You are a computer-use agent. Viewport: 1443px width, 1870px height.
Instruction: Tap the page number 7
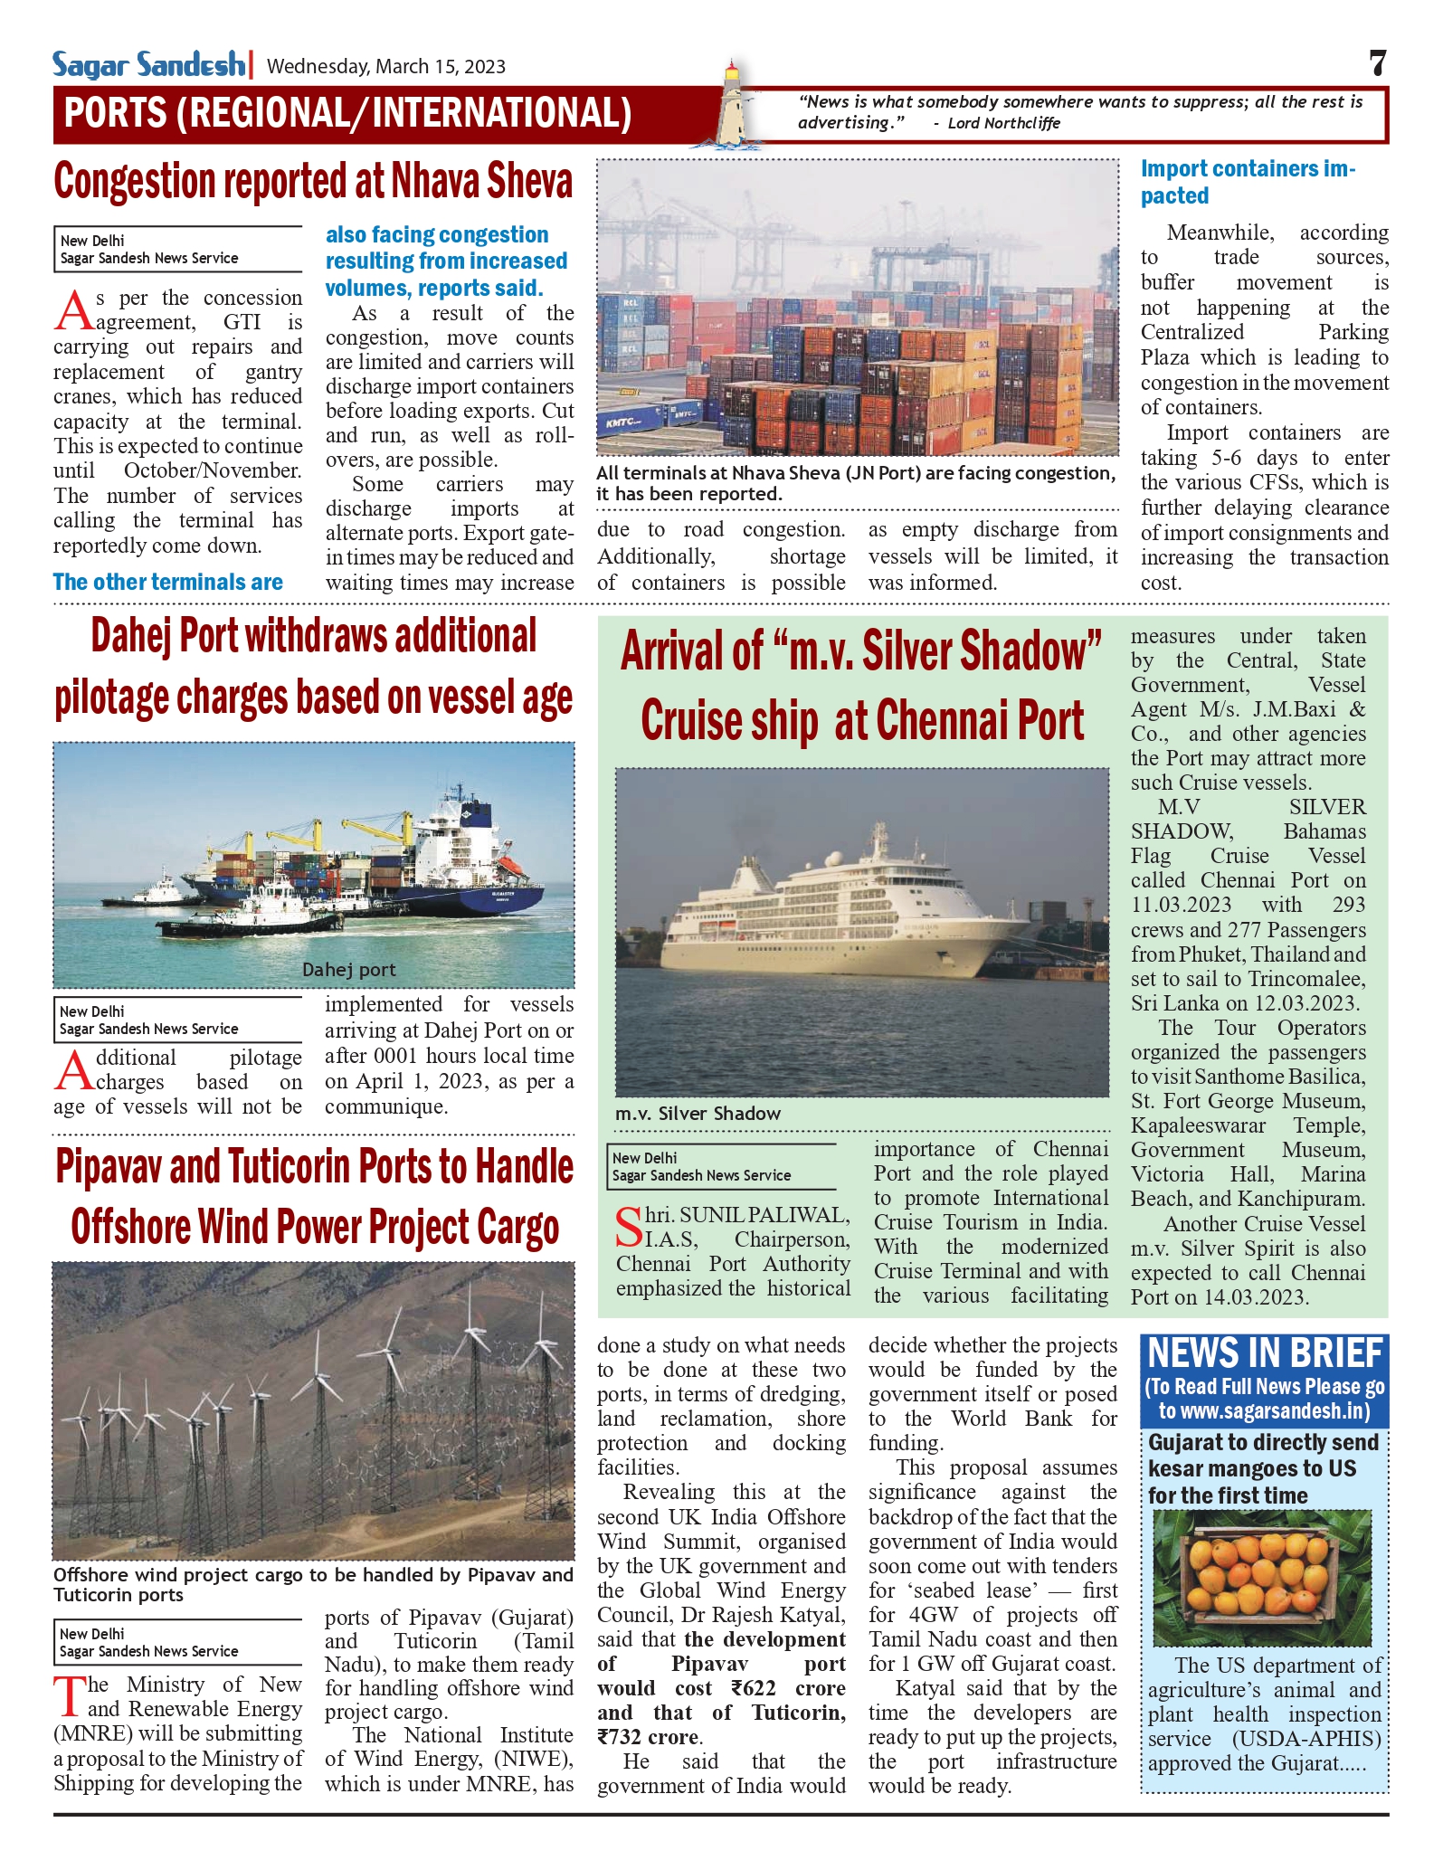[x=1377, y=63]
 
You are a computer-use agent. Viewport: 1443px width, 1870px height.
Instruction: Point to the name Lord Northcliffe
[x=1003, y=123]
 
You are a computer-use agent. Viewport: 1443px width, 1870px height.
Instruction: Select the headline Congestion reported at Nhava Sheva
[x=313, y=181]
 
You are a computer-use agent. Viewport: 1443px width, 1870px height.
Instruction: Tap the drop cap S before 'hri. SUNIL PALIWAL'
[x=628, y=1226]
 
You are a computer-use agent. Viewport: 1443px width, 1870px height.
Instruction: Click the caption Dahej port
[x=348, y=970]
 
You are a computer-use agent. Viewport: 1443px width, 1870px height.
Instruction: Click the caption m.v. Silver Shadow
[x=698, y=1114]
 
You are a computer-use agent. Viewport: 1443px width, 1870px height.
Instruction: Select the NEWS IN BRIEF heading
[x=1265, y=1354]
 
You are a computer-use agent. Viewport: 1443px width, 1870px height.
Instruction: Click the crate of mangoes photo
[x=1261, y=1578]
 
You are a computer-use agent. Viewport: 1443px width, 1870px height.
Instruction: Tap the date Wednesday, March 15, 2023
[x=386, y=66]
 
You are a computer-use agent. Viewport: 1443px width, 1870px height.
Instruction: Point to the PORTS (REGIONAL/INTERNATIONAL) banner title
[x=347, y=114]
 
